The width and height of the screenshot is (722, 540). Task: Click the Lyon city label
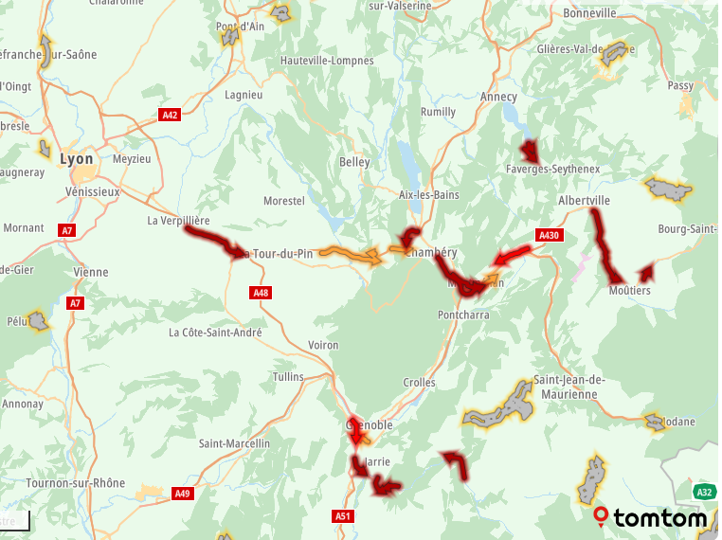tap(77, 159)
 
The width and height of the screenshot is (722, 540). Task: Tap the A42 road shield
tap(170, 115)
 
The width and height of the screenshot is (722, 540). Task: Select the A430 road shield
tap(549, 235)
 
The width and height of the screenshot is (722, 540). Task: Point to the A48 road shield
tap(262, 293)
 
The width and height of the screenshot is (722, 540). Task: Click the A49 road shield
tap(182, 493)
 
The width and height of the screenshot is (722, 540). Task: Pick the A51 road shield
tap(343, 515)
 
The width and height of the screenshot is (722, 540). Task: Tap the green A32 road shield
tap(703, 492)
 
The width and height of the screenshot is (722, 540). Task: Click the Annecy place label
tap(498, 97)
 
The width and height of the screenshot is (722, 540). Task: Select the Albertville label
tap(584, 201)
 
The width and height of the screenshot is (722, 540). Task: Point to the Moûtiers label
tap(629, 291)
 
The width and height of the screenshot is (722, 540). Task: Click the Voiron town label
tap(322, 345)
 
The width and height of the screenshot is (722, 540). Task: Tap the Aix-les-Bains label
tap(428, 195)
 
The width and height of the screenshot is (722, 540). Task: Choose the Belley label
tap(354, 162)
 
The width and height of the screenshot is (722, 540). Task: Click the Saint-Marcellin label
tap(234, 443)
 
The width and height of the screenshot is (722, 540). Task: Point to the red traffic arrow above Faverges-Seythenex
tap(529, 150)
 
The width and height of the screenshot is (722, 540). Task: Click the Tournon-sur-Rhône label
tap(75, 483)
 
